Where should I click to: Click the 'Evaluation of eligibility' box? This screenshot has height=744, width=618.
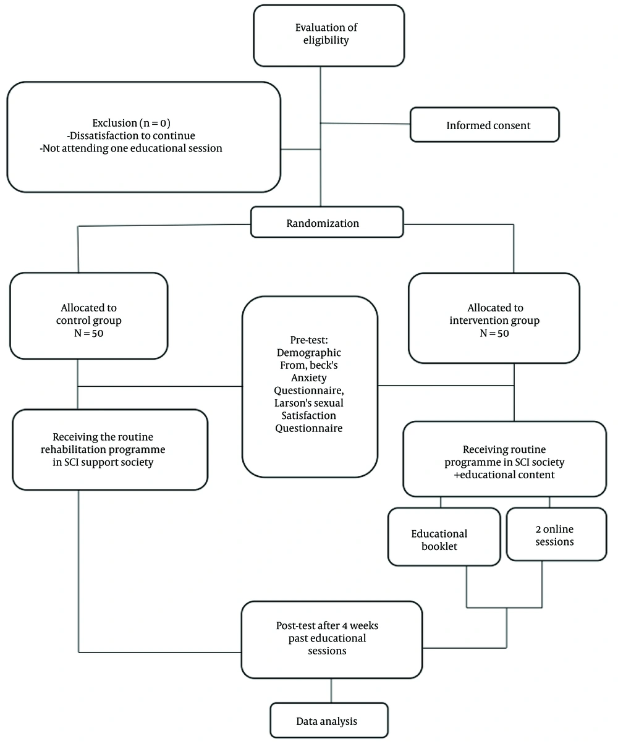[x=329, y=36]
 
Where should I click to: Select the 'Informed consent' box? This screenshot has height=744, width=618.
[x=485, y=125]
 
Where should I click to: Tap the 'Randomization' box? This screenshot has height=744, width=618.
[x=327, y=222]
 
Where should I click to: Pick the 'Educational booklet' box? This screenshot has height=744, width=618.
[x=444, y=536]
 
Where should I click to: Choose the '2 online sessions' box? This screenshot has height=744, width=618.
[x=556, y=534]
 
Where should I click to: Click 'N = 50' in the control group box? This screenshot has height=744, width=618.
[x=89, y=333]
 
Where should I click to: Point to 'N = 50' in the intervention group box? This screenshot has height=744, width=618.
[x=494, y=333]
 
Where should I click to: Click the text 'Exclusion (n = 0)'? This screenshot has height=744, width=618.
[x=131, y=123]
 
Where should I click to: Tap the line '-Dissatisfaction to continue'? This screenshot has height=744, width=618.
[x=131, y=135]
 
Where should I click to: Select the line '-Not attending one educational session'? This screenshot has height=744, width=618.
[x=131, y=148]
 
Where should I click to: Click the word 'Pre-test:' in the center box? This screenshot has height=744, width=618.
[x=309, y=340]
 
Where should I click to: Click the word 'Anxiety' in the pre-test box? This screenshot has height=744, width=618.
[x=309, y=378]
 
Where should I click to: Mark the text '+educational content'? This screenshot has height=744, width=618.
[x=504, y=475]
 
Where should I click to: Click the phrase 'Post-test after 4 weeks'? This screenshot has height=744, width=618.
[x=327, y=625]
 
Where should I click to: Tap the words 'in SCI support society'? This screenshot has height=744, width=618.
[x=103, y=462]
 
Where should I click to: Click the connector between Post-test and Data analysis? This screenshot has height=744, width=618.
[x=331, y=691]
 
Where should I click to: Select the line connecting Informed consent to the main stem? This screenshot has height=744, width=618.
[x=365, y=124]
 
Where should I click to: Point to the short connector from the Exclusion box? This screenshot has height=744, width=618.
[x=300, y=150]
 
